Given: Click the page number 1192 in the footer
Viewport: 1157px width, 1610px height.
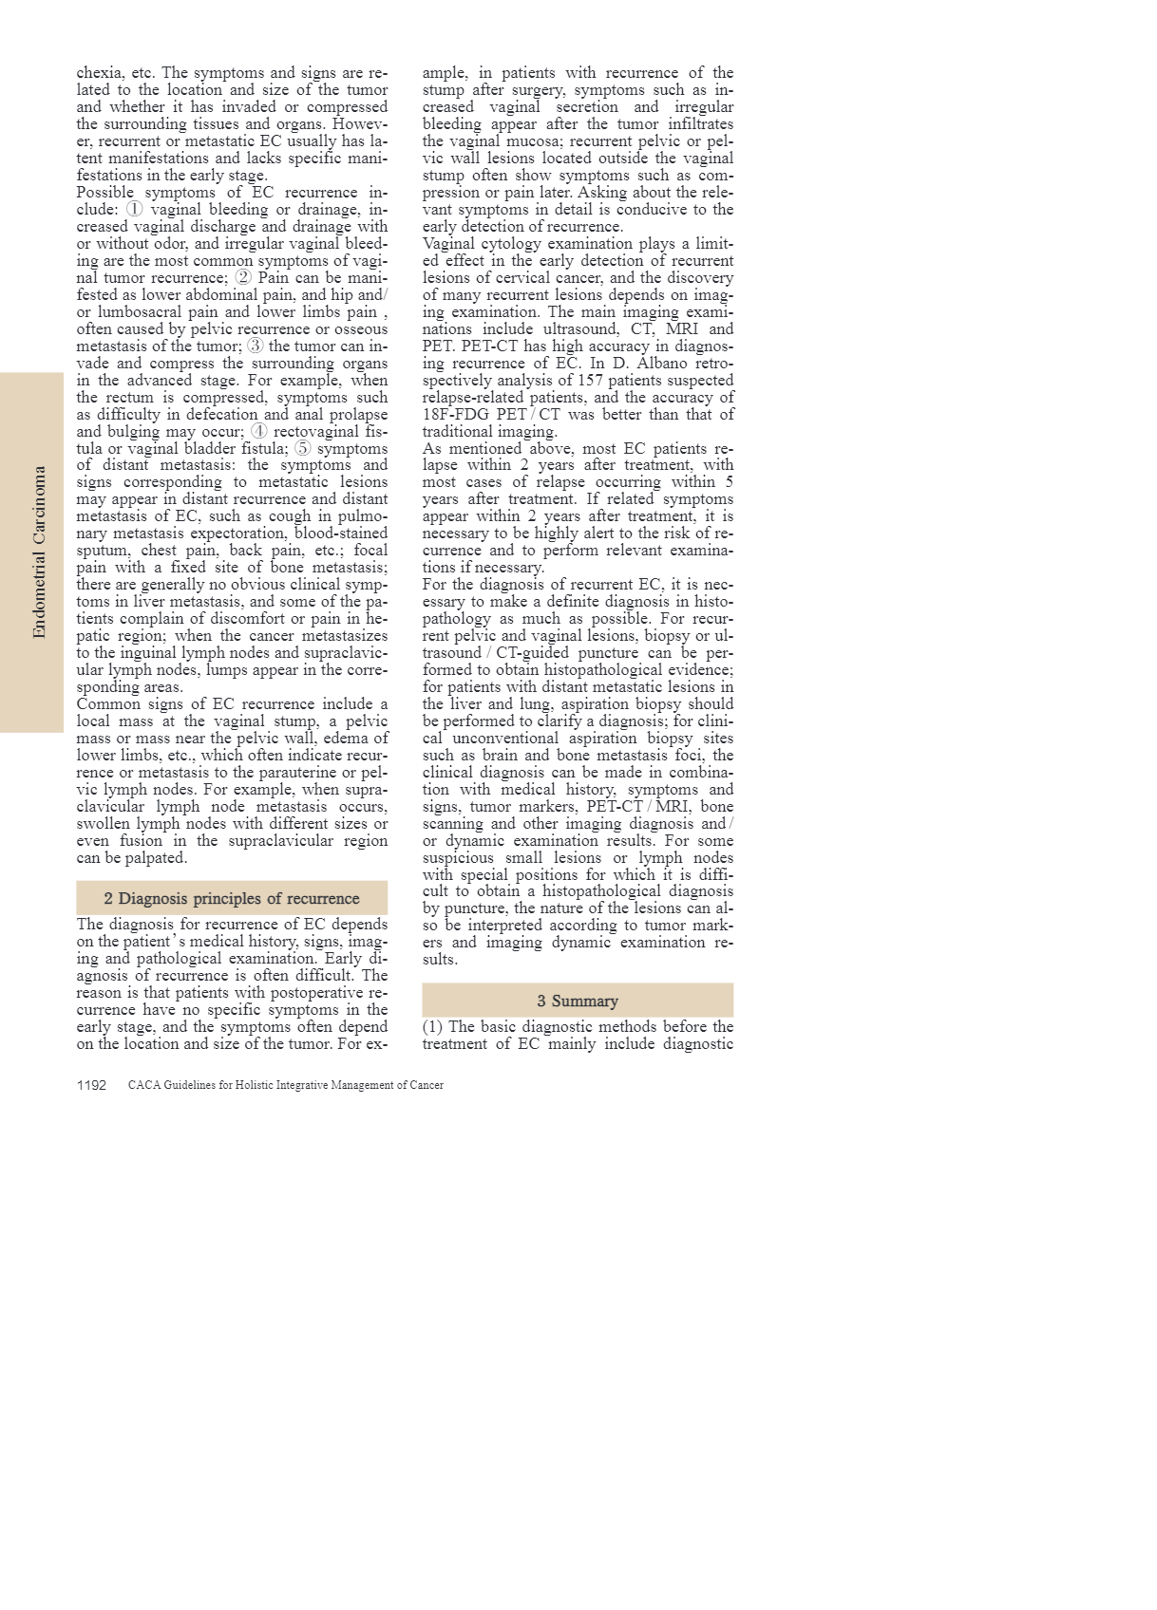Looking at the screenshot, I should point(91,1085).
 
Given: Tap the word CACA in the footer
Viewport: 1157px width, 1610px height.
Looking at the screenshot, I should point(143,1085).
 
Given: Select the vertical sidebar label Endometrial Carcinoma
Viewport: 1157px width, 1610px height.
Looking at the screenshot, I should point(39,552).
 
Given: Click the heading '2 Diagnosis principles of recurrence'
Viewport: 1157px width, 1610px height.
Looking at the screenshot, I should point(232,898).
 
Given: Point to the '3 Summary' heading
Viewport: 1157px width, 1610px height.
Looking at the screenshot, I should point(578,1001).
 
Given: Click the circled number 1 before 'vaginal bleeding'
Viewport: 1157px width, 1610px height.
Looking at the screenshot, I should point(135,209).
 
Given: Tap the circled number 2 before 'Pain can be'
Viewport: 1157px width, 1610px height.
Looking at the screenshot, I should point(243,277).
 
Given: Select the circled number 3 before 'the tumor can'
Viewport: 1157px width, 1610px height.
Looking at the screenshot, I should point(256,346).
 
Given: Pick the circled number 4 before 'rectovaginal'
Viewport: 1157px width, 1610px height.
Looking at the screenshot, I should point(259,431).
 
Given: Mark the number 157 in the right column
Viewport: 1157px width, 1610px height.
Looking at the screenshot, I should point(590,380).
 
